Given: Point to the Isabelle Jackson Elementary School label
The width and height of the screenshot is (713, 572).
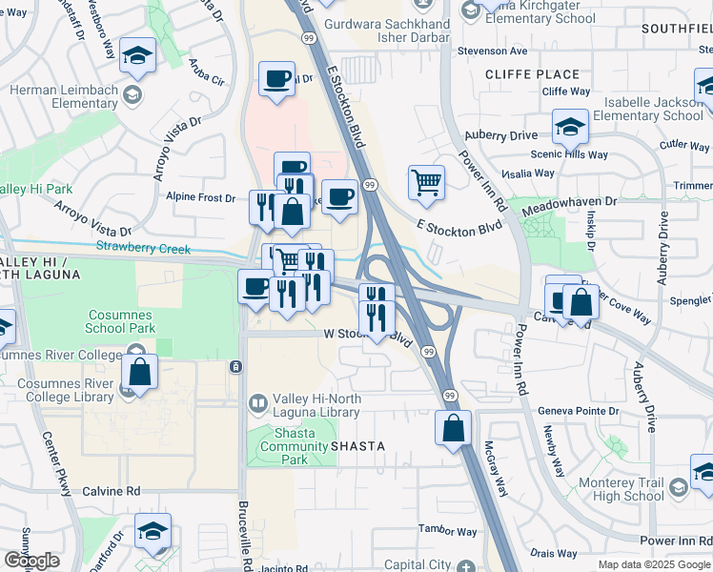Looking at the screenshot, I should click(647, 109).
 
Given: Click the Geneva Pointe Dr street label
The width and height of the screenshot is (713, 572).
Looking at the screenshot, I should click(578, 410).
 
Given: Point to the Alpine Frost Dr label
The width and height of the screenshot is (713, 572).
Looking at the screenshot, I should click(200, 197).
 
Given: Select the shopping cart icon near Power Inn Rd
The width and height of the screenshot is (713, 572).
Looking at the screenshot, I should click(426, 181).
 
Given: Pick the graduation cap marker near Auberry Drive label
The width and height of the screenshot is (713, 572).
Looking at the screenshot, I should click(570, 126).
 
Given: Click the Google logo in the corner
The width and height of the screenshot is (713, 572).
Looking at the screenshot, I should click(31, 561).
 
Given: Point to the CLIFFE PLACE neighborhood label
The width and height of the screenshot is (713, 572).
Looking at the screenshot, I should click(532, 74).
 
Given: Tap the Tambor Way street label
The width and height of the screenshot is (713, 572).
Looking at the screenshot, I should click(448, 531).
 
